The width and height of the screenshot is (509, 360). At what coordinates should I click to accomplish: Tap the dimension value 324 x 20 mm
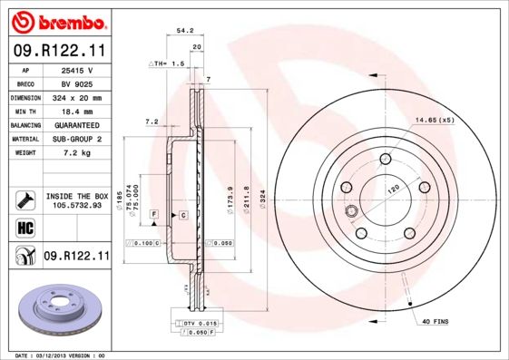tap(75, 97)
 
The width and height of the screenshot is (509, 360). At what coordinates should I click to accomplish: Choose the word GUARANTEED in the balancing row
tap(75, 125)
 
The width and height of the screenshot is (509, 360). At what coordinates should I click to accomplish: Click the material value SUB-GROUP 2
tap(75, 139)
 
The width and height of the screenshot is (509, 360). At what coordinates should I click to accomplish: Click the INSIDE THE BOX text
tap(76, 196)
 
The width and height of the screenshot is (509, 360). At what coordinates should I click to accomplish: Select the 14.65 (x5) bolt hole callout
tap(434, 120)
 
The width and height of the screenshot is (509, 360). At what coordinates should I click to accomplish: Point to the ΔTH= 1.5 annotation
tap(167, 64)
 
